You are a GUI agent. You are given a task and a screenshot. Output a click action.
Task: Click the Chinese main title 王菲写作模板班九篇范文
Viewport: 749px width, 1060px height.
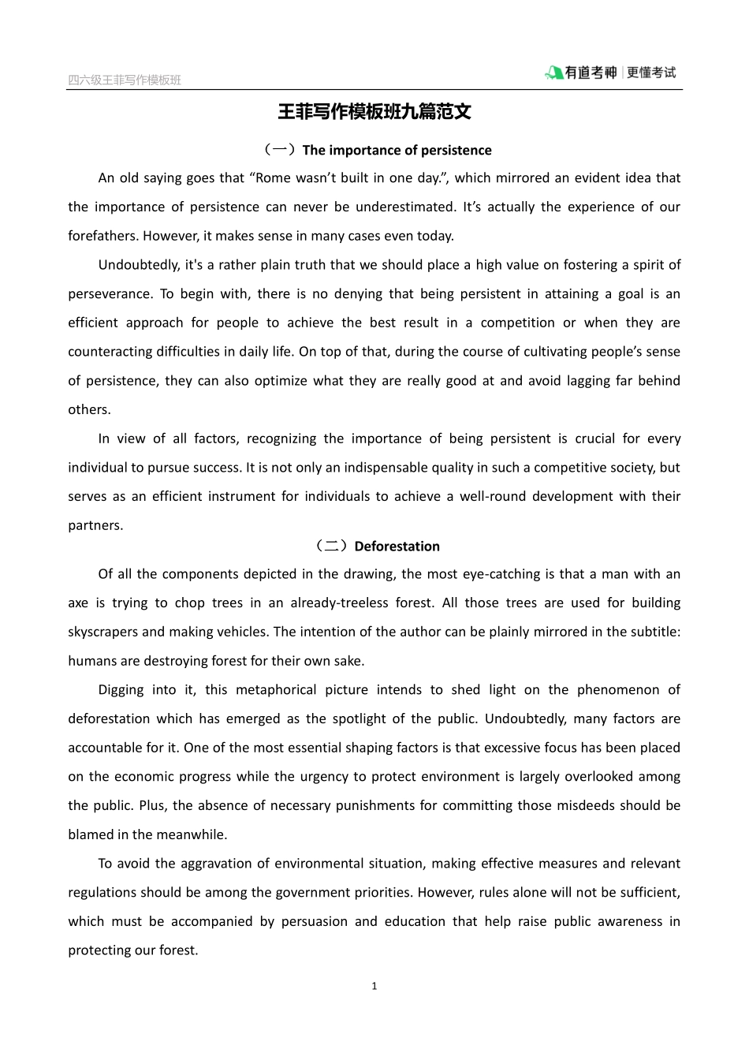[x=374, y=112]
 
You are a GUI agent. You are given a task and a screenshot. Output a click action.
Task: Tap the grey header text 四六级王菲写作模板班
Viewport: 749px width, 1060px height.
[x=125, y=80]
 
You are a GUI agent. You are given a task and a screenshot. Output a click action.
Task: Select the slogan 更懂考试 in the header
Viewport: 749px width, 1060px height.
[x=652, y=73]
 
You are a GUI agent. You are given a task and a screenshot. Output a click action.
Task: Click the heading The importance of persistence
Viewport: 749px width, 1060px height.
[x=397, y=150]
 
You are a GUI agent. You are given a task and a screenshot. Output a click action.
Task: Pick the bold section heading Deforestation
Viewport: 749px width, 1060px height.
[x=397, y=546]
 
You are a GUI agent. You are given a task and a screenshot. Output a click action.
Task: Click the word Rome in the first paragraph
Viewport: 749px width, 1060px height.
[x=273, y=178]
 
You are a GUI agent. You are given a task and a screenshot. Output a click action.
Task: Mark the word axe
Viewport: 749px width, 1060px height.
[x=78, y=603]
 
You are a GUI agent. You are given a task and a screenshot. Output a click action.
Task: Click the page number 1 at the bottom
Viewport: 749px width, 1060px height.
[x=374, y=986]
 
